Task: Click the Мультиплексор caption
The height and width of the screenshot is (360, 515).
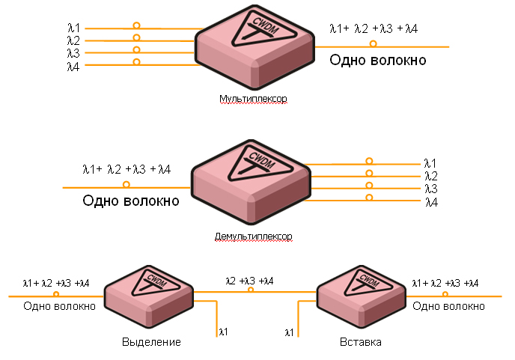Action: pos(253,99)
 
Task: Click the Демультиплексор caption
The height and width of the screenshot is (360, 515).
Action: pos(253,237)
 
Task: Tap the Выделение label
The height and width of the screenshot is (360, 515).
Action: pos(151,342)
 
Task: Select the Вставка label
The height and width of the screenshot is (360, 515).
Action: pos(360,342)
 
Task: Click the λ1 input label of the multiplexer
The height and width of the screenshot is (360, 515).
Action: pos(73,28)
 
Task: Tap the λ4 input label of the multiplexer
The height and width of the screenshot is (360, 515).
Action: pos(73,66)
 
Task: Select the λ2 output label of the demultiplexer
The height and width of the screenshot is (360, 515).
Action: pos(430,176)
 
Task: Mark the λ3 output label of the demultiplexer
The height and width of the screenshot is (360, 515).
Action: pos(430,189)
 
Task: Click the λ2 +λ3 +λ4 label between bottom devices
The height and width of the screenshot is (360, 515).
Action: pos(249,281)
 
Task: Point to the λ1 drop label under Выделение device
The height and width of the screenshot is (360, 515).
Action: pos(223,330)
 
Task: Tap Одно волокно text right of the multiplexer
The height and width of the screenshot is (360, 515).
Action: pos(378,60)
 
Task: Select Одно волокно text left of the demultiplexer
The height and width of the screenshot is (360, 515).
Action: pos(131,201)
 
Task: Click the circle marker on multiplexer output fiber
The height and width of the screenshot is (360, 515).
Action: pos(373,44)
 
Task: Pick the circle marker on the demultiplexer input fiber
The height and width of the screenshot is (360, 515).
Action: pos(126,184)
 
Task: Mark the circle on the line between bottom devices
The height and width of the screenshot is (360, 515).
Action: pos(251,290)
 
